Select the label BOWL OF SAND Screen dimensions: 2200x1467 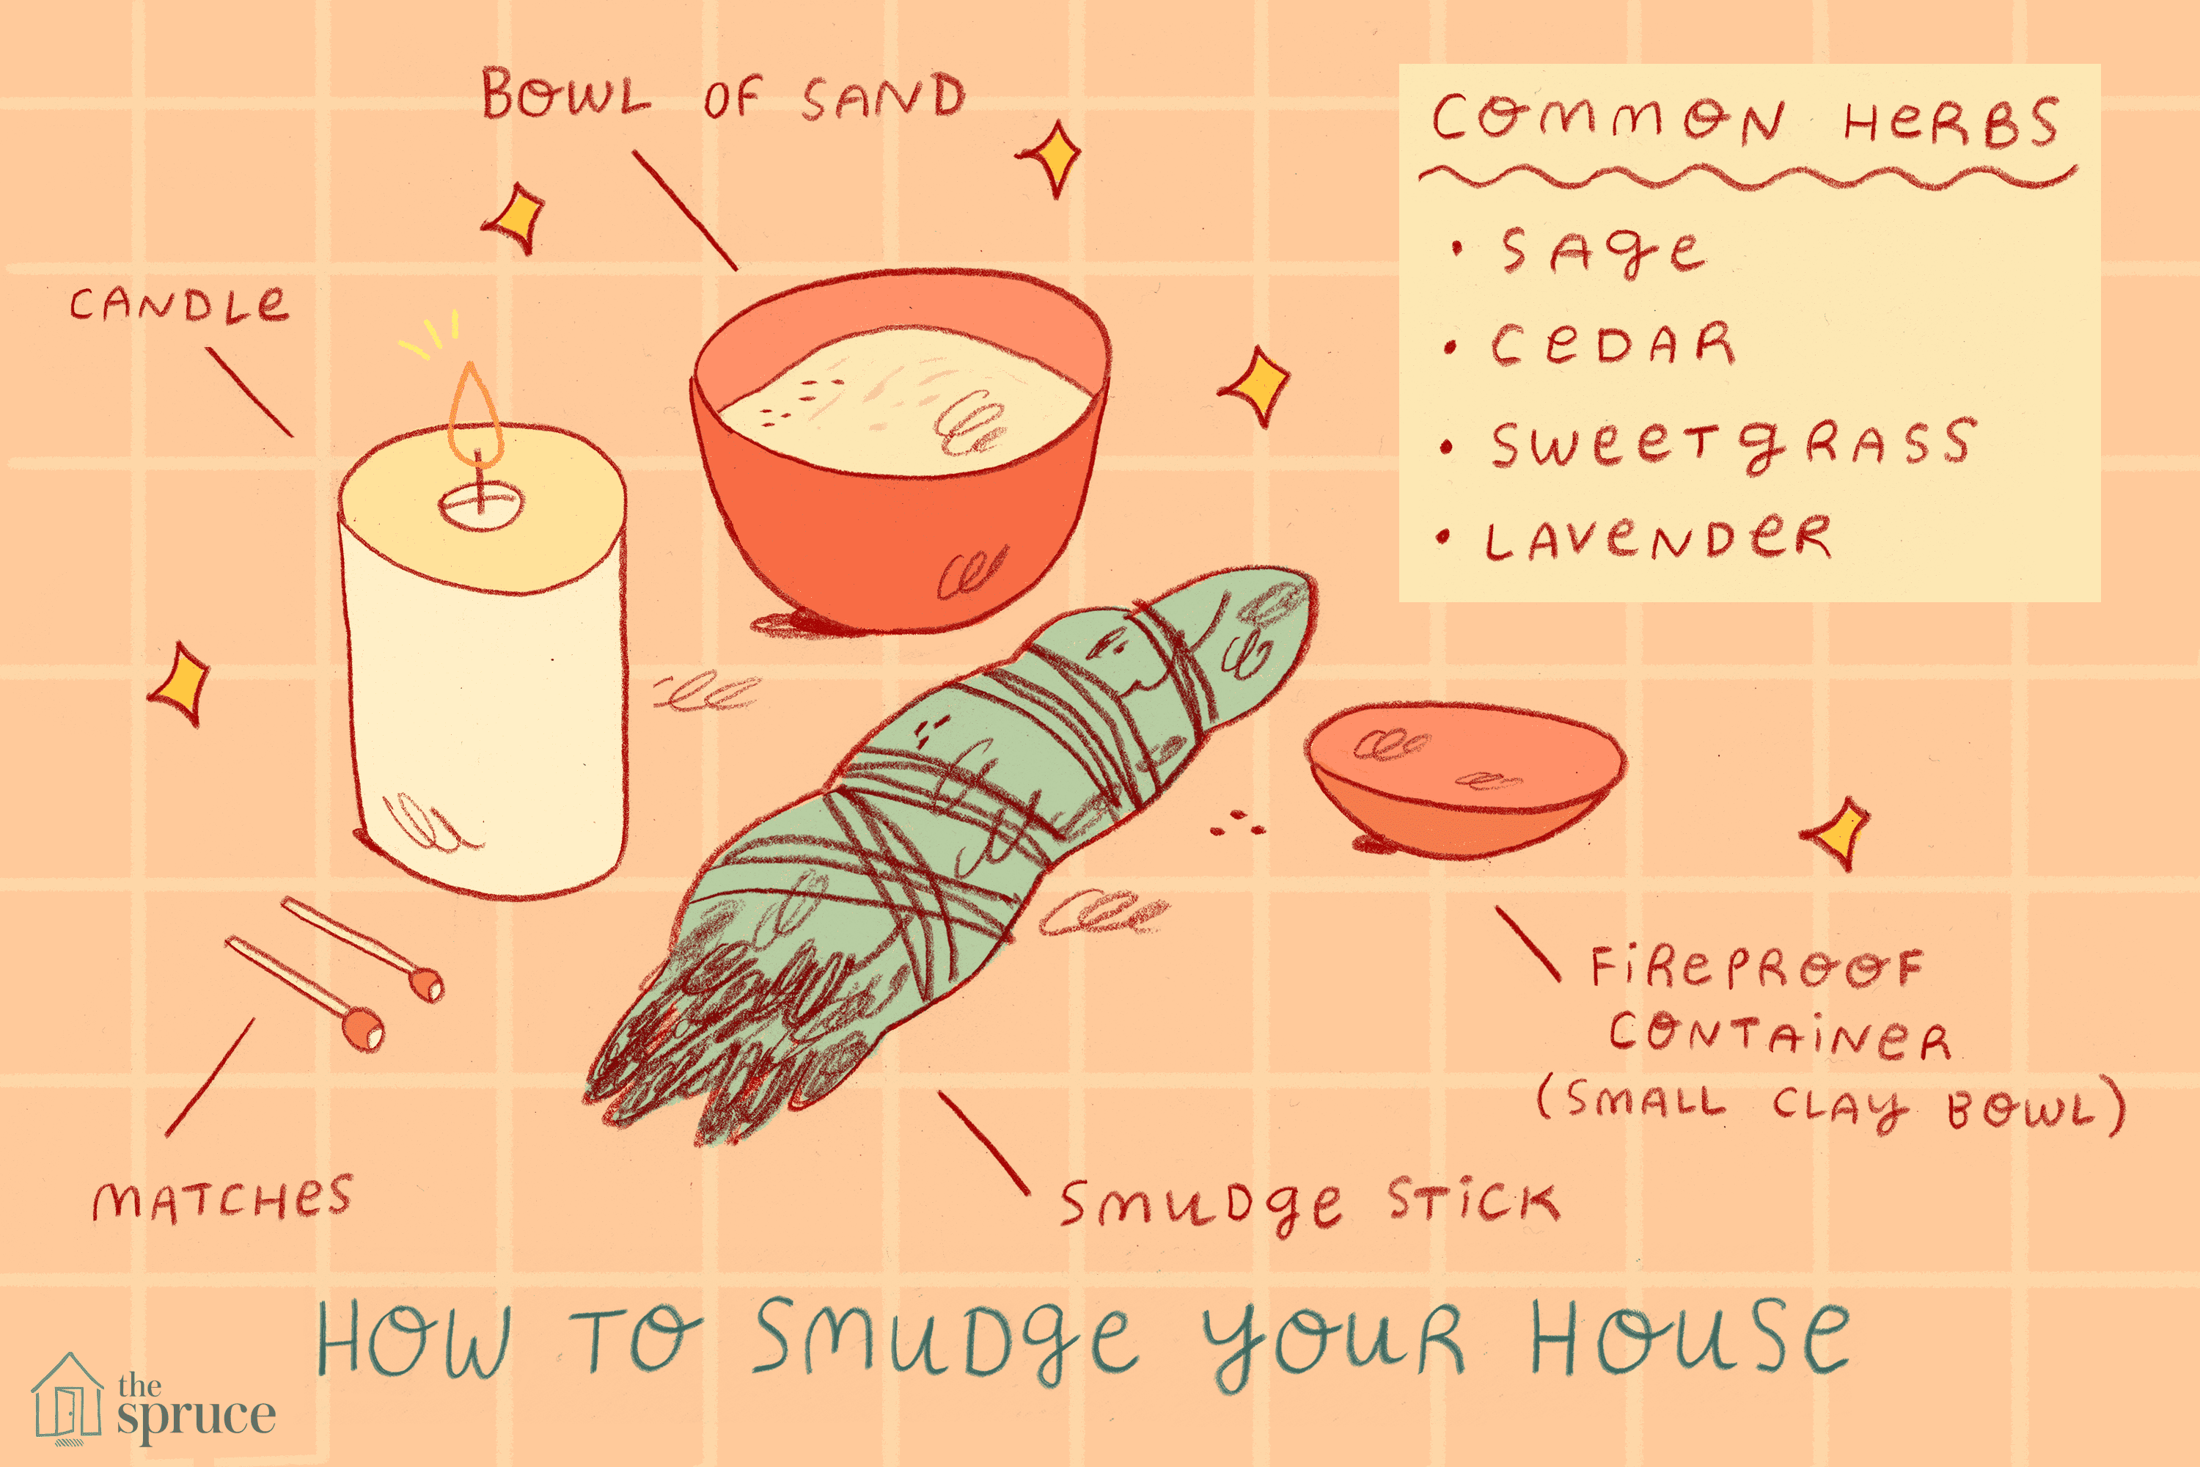pos(722,95)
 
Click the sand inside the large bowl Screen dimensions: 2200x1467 pos(903,398)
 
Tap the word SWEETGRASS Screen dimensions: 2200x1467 pos(1732,444)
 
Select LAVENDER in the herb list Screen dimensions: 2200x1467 pos(1657,538)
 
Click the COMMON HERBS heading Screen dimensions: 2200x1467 pos(1745,120)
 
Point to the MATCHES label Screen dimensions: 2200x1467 pos(223,1199)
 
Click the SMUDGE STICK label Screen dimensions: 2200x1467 pos(1310,1205)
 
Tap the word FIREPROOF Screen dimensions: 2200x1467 pos(1756,967)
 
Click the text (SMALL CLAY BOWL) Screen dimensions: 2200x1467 pos(1831,1104)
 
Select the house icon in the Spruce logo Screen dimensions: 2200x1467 pos(67,1395)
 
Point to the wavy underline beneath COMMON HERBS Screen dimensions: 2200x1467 pos(1748,177)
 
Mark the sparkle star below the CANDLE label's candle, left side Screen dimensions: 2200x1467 pos(180,682)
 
